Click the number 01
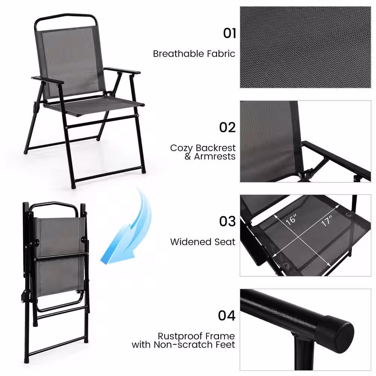[x=229, y=33]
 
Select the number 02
[x=227, y=127]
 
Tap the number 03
[x=227, y=221]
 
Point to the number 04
[x=227, y=315]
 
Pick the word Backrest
[x=215, y=148]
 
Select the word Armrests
[x=215, y=156]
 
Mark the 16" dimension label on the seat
[x=291, y=220]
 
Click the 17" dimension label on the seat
[x=327, y=220]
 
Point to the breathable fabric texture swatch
[x=305, y=47]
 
